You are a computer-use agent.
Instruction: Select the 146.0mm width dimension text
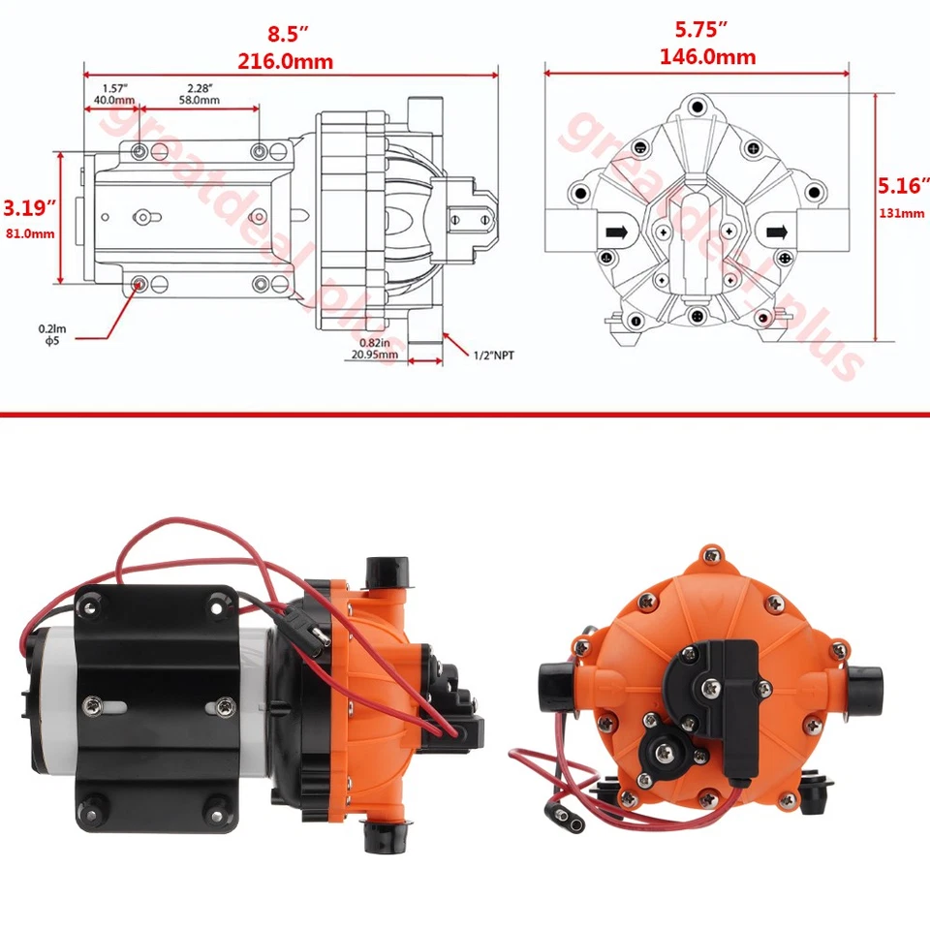(x=707, y=56)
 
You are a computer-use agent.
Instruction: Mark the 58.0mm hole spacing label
(x=198, y=99)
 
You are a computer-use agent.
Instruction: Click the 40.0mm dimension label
(x=113, y=99)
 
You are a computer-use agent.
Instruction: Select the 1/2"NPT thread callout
(x=493, y=356)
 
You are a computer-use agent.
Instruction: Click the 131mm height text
(x=902, y=214)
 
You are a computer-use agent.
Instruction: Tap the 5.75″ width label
(x=707, y=30)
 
